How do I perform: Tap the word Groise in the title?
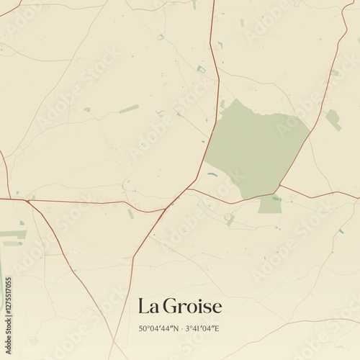pyautogui.click(x=192, y=307)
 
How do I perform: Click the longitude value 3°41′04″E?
pyautogui.click(x=202, y=328)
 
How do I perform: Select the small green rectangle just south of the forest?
pyautogui.click(x=270, y=206)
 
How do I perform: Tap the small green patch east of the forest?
pyautogui.click(x=333, y=120)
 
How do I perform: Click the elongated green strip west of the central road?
pyautogui.click(x=130, y=109)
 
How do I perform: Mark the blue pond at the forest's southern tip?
pyautogui.click(x=276, y=198)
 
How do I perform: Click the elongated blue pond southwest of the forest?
pyautogui.click(x=212, y=174)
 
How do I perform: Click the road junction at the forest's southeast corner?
pyautogui.click(x=279, y=185)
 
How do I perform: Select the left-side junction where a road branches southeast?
pyautogui.click(x=26, y=201)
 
